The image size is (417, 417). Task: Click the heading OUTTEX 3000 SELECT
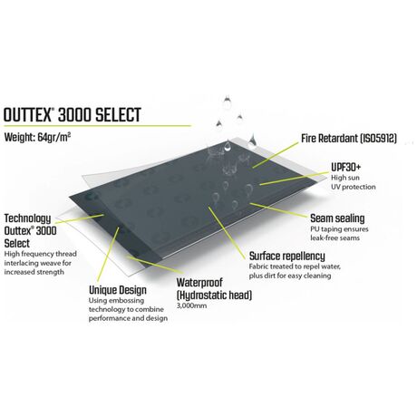[x=73, y=115]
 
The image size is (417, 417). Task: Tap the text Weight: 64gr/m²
[x=38, y=138]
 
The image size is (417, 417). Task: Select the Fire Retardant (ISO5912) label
[x=349, y=139]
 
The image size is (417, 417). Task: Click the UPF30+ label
[x=345, y=167]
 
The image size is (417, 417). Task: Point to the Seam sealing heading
[x=337, y=218]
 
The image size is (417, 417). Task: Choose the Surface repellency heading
[x=286, y=257]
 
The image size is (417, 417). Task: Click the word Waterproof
[x=199, y=283]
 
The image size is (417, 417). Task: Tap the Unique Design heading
[x=118, y=290]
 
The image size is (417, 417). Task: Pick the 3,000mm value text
[x=191, y=305]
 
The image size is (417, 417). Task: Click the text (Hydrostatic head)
[x=214, y=295]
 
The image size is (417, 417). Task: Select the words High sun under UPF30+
[x=345, y=178]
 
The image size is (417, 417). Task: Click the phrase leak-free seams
[x=335, y=238]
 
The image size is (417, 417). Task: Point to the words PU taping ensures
[x=339, y=229]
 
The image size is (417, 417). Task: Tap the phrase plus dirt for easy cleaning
[x=290, y=276]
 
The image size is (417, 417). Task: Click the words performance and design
[x=128, y=318]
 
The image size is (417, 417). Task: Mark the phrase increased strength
[x=34, y=272]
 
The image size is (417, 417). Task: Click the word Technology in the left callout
[x=27, y=218]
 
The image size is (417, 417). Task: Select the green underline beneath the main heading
[x=97, y=126]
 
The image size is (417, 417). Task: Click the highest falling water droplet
[x=227, y=102]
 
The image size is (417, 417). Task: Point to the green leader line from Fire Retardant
[x=276, y=155]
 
